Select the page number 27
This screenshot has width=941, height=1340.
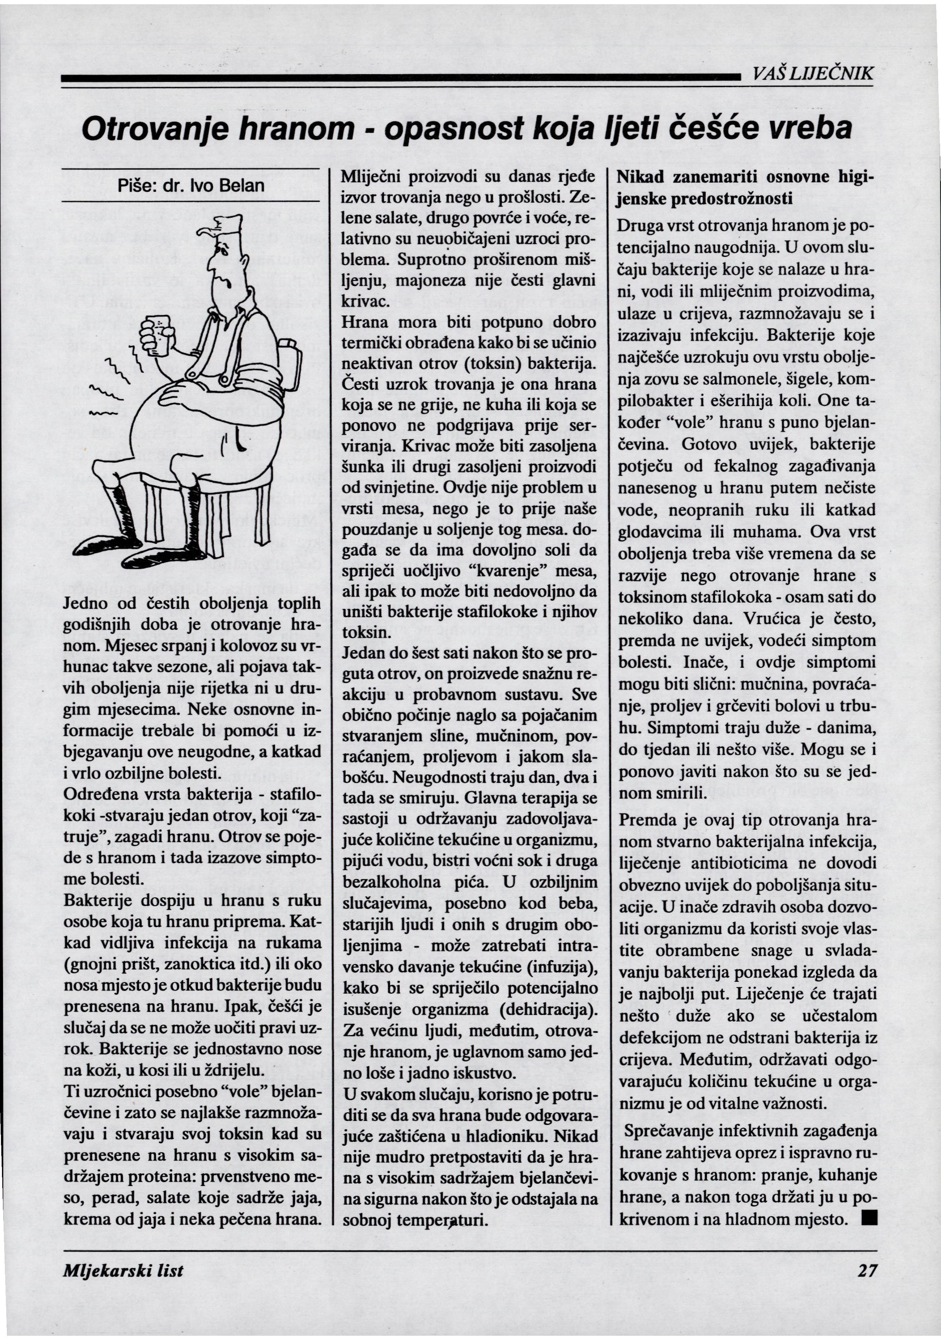coord(867,1271)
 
